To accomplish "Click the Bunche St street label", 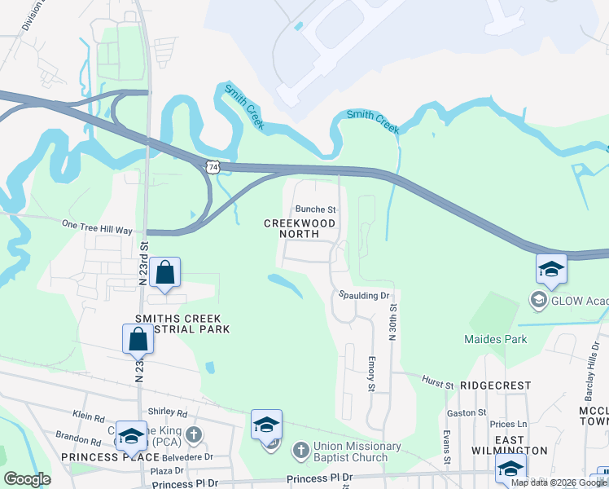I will pos(315,209).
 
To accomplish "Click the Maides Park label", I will pos(495,339).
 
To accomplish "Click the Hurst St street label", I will pos(438,380).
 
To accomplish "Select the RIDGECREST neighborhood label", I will pos(495,385).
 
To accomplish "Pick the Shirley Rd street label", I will pos(167,413).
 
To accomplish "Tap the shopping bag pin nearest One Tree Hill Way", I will pos(164,275).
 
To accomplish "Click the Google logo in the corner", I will pos(26,479).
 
